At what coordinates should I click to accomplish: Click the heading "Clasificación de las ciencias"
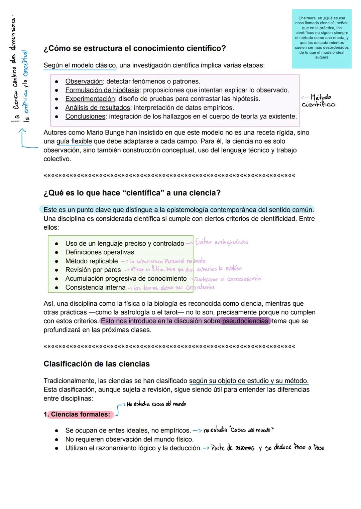pyautogui.click(x=97, y=364)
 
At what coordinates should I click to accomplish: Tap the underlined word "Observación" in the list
pyautogui.click(x=84, y=81)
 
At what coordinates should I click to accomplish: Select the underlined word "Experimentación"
pyautogui.click(x=90, y=99)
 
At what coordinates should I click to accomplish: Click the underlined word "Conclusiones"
pyautogui.click(x=85, y=116)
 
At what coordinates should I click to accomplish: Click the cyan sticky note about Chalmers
pyautogui.click(x=322, y=38)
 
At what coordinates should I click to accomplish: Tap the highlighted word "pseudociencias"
pyautogui.click(x=245, y=321)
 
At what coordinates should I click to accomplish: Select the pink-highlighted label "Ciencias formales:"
pyautogui.click(x=80, y=414)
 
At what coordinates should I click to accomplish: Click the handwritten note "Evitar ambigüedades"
pyautogui.click(x=222, y=242)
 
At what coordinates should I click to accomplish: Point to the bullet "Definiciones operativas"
pyautogui.click(x=100, y=252)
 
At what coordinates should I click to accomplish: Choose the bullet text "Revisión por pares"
pyautogui.click(x=93, y=270)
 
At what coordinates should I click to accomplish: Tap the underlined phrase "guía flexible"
pyautogui.click(x=74, y=141)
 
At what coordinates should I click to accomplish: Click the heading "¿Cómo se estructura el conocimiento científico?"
pyautogui.click(x=135, y=48)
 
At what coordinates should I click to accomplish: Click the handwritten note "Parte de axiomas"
pyautogui.click(x=233, y=448)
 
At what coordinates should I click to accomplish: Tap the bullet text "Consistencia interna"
pyautogui.click(x=95, y=287)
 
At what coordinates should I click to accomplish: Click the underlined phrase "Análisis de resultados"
pyautogui.click(x=98, y=108)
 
